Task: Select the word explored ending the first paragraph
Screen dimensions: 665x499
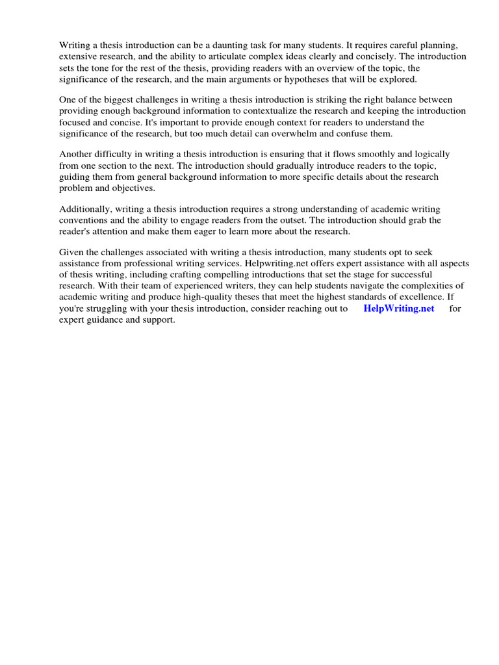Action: tap(400, 79)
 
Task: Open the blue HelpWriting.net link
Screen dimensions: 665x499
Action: tap(399, 308)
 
